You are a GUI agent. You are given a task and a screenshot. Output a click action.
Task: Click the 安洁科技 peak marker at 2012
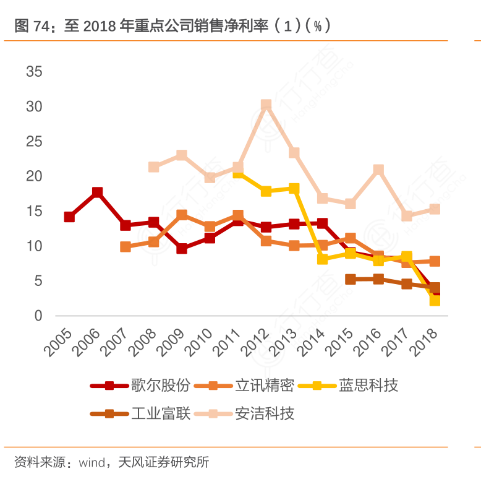point(266,105)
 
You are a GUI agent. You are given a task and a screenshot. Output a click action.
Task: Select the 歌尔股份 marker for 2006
point(97,192)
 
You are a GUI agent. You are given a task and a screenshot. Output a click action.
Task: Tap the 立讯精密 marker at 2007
point(126,246)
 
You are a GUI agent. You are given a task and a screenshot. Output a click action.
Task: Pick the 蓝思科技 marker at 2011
point(238,173)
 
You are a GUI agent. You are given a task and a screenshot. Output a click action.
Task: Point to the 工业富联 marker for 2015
point(351,279)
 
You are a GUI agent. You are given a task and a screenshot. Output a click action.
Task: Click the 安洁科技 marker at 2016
point(378,170)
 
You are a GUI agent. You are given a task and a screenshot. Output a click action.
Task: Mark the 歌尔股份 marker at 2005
point(69,217)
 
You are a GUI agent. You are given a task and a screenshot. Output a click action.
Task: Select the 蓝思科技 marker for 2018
point(435,300)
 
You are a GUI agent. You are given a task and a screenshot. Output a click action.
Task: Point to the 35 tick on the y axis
point(34,72)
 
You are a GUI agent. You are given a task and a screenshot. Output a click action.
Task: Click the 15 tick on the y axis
point(34,212)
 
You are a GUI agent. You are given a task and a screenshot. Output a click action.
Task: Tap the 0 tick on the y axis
point(38,316)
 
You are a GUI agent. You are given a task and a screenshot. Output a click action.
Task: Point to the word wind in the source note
point(91,462)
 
